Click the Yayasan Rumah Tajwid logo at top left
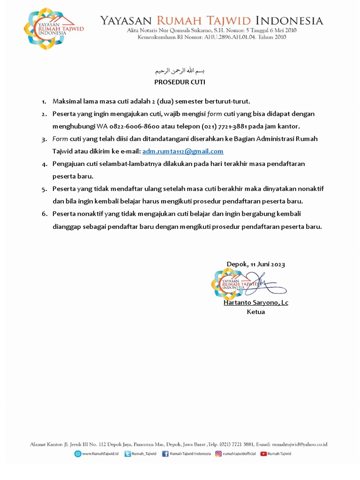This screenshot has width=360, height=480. (53, 29)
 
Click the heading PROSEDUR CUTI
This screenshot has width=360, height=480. (180, 82)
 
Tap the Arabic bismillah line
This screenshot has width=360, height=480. (180, 71)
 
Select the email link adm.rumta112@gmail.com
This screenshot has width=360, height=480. (183, 151)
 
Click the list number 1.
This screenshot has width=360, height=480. (44, 102)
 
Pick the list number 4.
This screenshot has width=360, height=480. (44, 165)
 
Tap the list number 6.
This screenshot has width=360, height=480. (44, 214)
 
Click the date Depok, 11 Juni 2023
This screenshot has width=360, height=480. (255, 264)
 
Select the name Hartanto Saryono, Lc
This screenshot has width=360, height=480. (255, 303)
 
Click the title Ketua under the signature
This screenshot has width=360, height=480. (255, 312)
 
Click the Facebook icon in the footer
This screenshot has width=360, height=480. (165, 454)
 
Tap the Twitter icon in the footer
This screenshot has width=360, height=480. (127, 454)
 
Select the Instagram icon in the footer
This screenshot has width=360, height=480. (218, 454)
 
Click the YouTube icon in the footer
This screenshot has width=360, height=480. (263, 454)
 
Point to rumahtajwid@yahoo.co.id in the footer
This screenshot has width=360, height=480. (300, 444)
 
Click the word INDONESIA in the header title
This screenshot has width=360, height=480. (294, 21)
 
